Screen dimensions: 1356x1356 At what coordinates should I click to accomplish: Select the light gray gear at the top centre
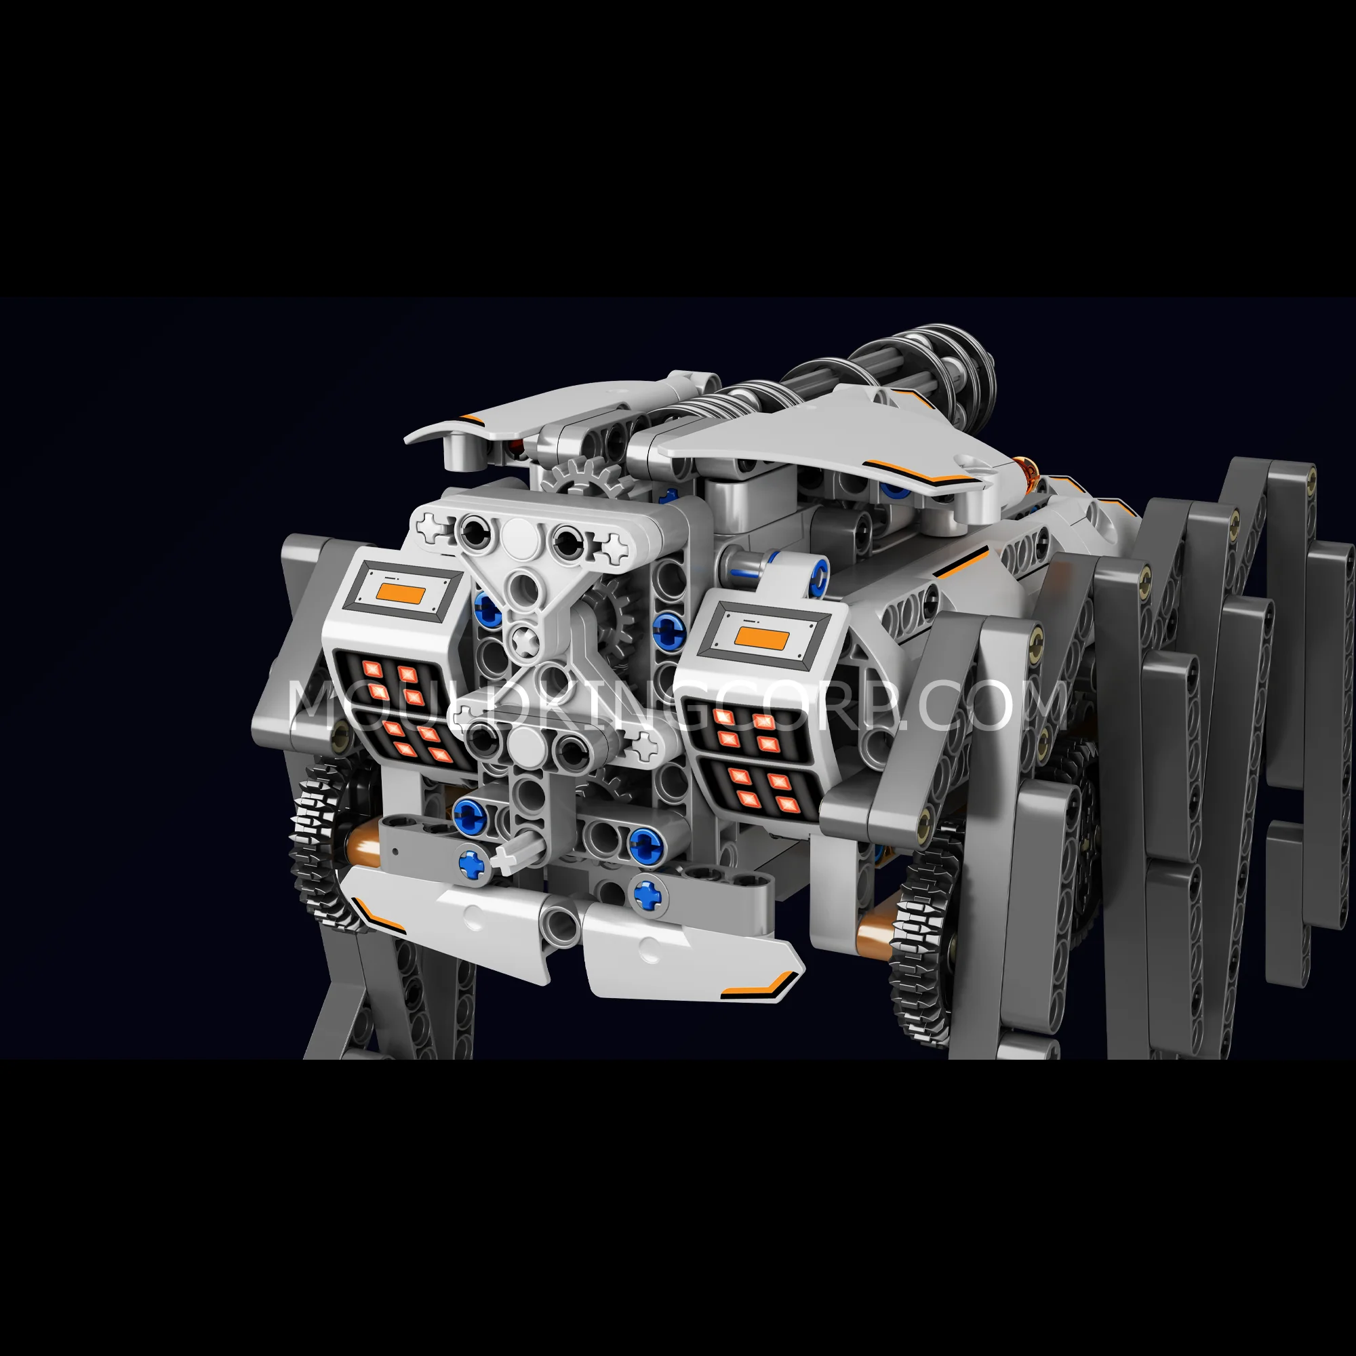(x=583, y=477)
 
